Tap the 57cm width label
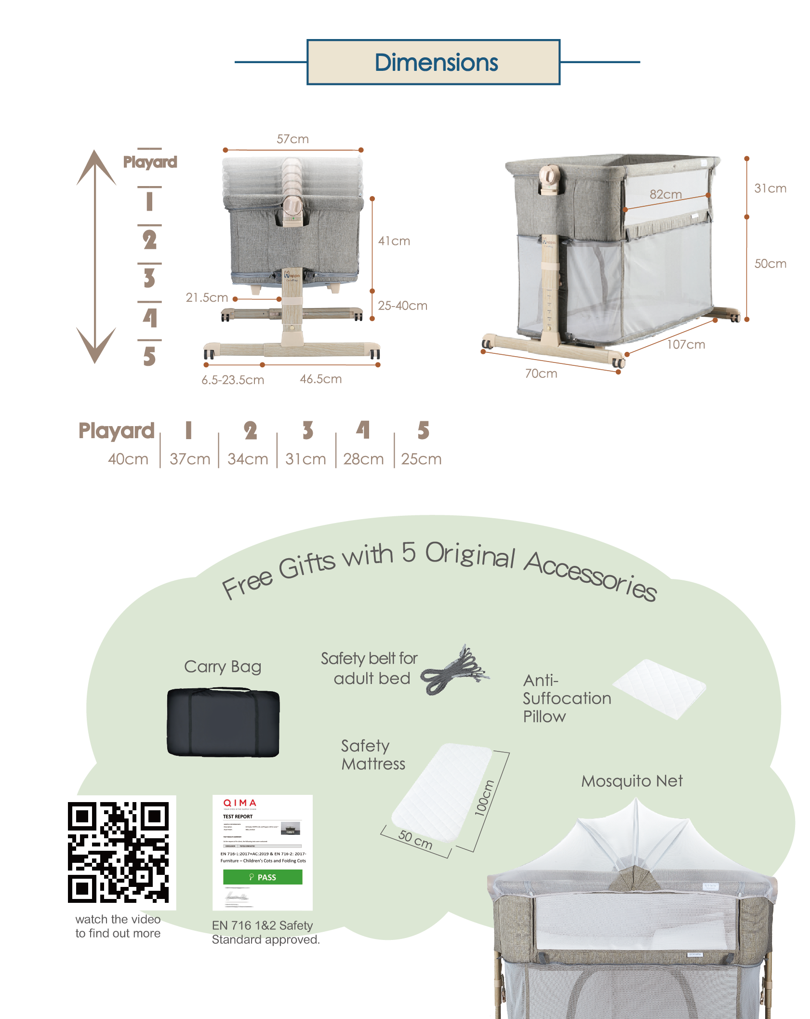tap(292, 139)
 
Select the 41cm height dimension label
tap(394, 241)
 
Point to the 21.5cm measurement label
tap(207, 298)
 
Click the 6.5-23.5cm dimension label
tap(233, 380)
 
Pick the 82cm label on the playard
tap(665, 194)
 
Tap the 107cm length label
tap(686, 345)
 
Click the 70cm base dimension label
tap(541, 374)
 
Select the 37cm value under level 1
tap(190, 459)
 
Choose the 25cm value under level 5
tap(421, 459)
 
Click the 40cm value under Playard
tap(128, 459)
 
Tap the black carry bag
tap(223, 723)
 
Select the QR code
tap(119, 852)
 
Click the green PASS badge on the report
tap(263, 877)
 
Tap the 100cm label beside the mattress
tap(484, 798)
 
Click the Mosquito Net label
tap(632, 781)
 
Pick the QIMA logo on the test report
tap(239, 803)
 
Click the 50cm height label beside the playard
tap(770, 264)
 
